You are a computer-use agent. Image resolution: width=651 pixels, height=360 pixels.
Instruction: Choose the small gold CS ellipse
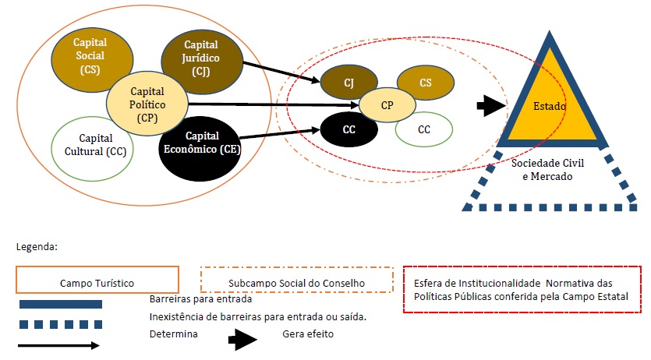click(x=425, y=83)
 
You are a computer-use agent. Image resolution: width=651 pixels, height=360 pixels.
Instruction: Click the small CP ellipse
click(x=387, y=104)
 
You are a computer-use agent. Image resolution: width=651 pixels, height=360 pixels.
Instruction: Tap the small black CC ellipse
click(x=348, y=129)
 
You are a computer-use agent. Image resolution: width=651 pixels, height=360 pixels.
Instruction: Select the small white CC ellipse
click(x=424, y=129)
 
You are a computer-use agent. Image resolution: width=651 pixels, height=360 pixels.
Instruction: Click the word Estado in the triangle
click(x=550, y=104)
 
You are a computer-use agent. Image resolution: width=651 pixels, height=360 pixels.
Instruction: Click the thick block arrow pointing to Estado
click(x=490, y=107)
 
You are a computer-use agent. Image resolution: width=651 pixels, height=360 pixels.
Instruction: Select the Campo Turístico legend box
click(x=96, y=281)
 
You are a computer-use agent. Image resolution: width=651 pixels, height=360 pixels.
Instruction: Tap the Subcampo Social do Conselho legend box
click(x=296, y=281)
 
